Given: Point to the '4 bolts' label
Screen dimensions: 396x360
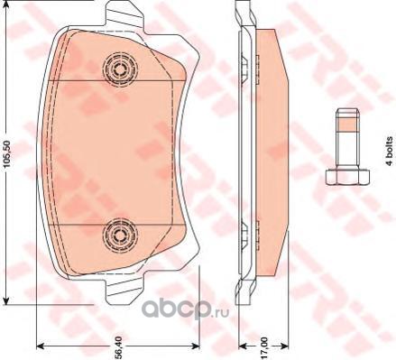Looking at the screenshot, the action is (390, 151).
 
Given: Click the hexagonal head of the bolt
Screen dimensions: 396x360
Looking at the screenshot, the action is (347, 177).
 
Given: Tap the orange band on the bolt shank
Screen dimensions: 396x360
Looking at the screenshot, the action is (347, 125).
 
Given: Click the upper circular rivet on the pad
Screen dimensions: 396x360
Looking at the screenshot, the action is (120, 69).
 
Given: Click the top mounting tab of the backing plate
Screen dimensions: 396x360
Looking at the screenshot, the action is (125, 15).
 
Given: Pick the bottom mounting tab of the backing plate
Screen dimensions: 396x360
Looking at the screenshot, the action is (125, 290).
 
